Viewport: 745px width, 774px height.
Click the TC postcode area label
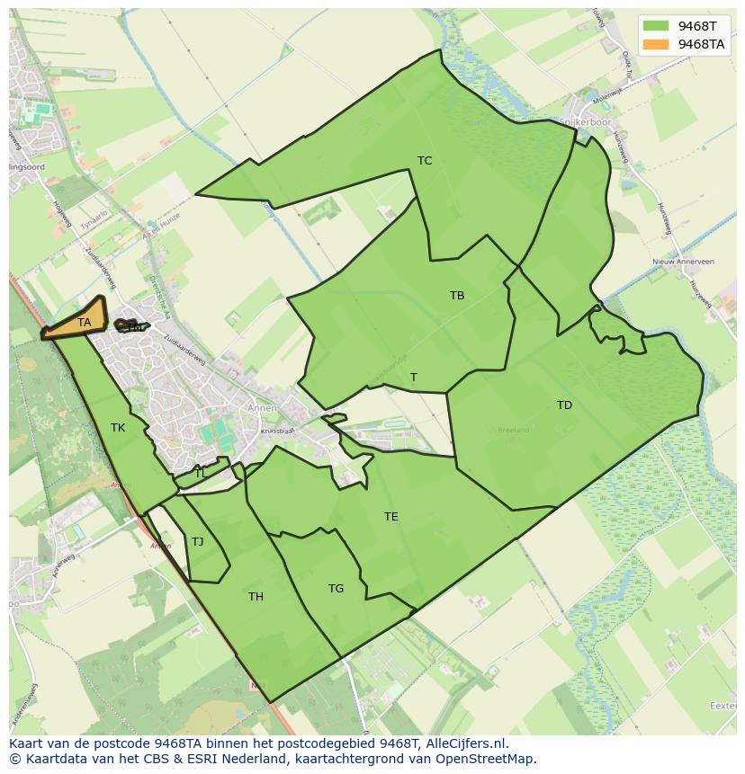coord(425,161)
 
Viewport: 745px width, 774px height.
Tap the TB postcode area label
coord(457,295)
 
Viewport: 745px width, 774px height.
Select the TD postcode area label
coord(564,405)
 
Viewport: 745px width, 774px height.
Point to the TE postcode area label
coord(391,517)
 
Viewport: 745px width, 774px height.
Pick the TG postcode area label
coord(336,589)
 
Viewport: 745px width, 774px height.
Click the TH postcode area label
coord(256,597)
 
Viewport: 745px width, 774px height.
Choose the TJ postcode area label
coord(198,542)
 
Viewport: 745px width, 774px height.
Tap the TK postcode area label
coord(118,428)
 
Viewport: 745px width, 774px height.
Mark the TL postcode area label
coord(201,474)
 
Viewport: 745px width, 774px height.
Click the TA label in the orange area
coord(84,323)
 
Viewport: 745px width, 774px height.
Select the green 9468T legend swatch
coord(656,25)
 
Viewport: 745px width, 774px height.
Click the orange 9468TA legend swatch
coord(656,44)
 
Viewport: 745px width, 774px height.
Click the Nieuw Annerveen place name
coord(683,262)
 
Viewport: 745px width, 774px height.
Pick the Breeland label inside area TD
coord(514,431)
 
